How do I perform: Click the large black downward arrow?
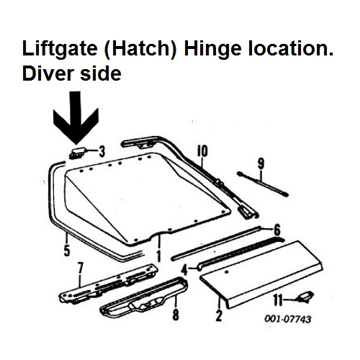click(x=76, y=120)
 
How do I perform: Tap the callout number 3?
click(x=102, y=152)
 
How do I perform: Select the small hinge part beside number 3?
click(x=76, y=153)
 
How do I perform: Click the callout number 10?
click(x=202, y=151)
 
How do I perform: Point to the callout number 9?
click(x=261, y=163)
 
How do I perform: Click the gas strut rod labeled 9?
click(x=263, y=184)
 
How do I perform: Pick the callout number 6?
click(x=277, y=230)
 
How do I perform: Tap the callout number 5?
click(x=67, y=251)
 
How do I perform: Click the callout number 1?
click(x=158, y=256)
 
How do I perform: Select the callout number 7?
click(x=80, y=268)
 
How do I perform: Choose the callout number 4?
click(x=184, y=270)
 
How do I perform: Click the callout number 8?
click(x=176, y=315)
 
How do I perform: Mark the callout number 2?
click(x=219, y=315)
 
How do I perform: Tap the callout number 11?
click(x=278, y=300)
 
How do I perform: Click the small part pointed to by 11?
click(x=305, y=297)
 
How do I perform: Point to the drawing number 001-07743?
click(x=288, y=319)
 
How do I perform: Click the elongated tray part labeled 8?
click(x=143, y=298)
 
